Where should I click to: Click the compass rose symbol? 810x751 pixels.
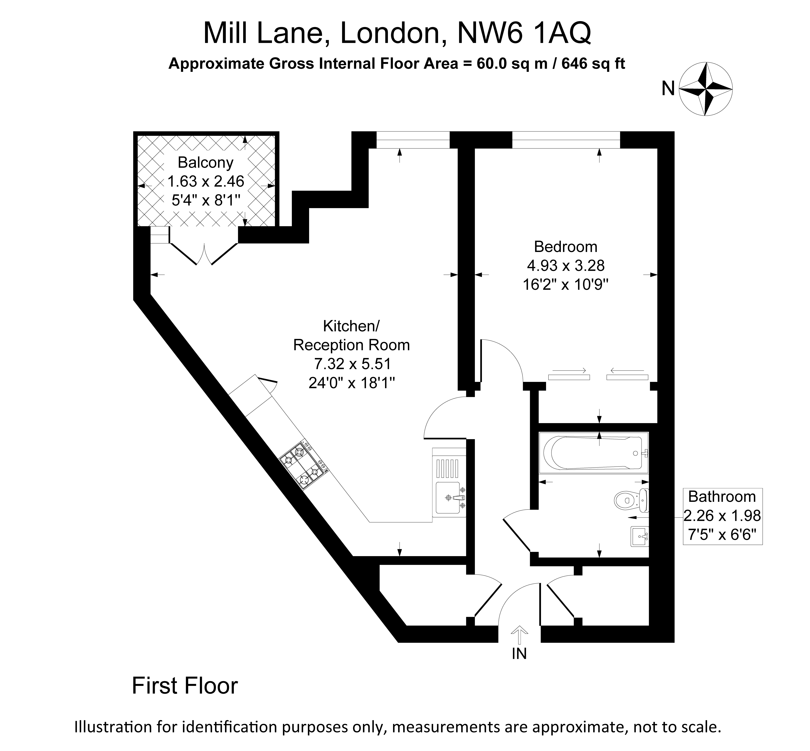coord(706,89)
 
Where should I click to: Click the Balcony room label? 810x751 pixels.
coord(206,163)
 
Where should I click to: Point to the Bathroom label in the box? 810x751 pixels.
coord(722,497)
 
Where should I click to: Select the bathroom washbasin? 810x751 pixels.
coord(639,536)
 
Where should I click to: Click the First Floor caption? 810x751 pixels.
coord(185,686)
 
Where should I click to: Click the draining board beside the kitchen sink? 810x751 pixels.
coord(449,468)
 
